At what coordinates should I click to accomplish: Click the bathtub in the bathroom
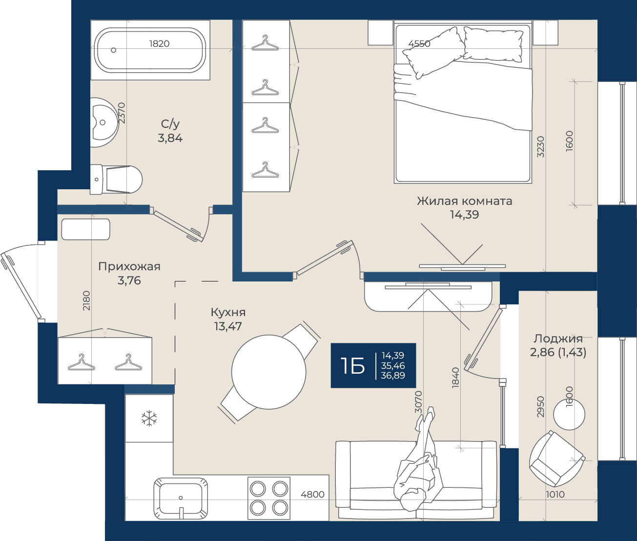(x=150, y=50)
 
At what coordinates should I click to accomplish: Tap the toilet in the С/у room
(x=116, y=180)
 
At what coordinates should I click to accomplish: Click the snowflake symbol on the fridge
(x=149, y=418)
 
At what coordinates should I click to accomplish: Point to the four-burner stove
(x=269, y=499)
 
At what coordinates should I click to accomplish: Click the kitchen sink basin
(x=181, y=498)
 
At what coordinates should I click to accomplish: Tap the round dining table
(x=269, y=372)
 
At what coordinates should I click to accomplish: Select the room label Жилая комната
(x=464, y=201)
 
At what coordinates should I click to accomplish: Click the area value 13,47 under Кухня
(x=228, y=326)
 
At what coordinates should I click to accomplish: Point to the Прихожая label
(x=129, y=266)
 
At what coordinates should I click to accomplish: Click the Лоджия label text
(x=558, y=339)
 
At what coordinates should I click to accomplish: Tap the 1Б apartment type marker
(x=353, y=366)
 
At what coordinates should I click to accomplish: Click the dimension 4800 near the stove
(x=312, y=495)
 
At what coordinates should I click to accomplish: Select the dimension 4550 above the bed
(x=419, y=44)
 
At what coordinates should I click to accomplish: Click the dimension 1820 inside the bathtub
(x=159, y=44)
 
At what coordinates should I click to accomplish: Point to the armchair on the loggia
(x=557, y=459)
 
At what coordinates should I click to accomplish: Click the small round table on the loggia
(x=569, y=415)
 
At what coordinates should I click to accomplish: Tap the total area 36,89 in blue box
(x=393, y=375)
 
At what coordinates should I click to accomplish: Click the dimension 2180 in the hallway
(x=86, y=301)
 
